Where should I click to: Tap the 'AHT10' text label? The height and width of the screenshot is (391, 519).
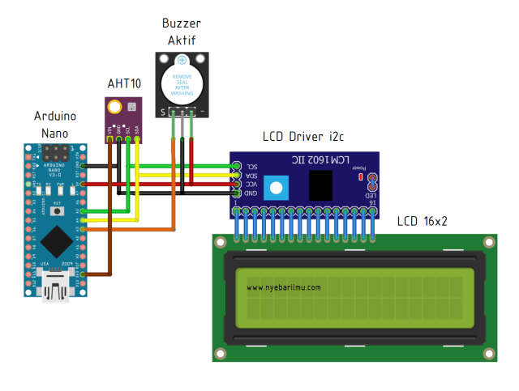[x=124, y=84]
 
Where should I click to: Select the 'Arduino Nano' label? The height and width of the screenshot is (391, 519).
[x=57, y=124]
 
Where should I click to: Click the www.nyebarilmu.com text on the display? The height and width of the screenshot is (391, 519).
[x=284, y=287]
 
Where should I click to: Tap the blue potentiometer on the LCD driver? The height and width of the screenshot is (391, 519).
[x=277, y=188]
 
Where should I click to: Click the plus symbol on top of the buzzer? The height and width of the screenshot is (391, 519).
[x=182, y=60]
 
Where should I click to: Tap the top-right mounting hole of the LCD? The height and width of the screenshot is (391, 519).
[x=488, y=242]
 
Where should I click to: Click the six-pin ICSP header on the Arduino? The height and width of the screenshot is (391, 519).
[x=57, y=152]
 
